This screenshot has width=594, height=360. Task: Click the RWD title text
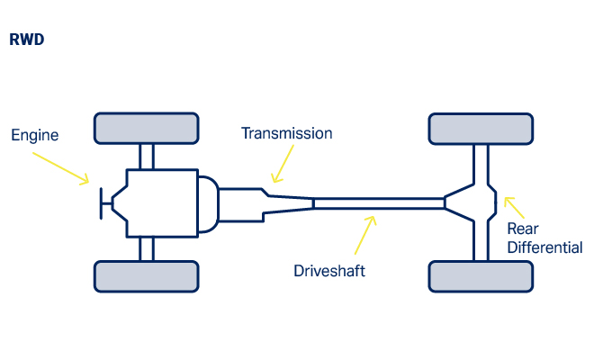[27, 40]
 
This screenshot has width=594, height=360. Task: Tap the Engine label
[34, 136]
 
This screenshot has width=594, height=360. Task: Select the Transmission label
[286, 133]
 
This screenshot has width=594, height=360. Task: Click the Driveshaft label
[329, 270]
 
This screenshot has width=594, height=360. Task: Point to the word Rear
[523, 229]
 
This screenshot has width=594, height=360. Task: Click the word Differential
[544, 247]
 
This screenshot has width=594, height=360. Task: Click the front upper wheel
[146, 128]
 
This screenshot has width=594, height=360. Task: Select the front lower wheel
[146, 276]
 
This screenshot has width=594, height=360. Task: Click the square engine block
[162, 202]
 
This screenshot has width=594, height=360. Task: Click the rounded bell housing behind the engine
[208, 202]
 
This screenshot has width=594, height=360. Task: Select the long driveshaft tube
[378, 203]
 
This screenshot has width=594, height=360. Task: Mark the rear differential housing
[473, 202]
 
